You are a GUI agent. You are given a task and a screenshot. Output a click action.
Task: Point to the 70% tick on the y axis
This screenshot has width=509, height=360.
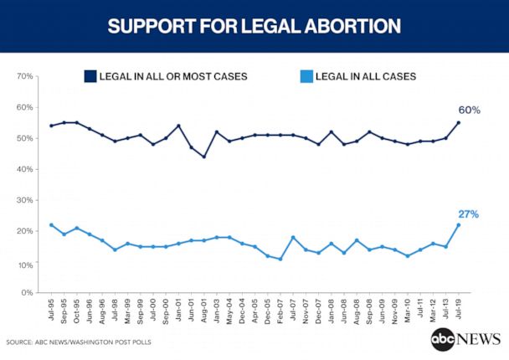24,77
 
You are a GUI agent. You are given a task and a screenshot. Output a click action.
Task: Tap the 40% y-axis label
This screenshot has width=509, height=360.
24,170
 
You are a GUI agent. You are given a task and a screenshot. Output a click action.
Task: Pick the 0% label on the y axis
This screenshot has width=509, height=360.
27,293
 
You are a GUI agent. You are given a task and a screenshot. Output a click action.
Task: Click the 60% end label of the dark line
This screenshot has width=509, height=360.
469,111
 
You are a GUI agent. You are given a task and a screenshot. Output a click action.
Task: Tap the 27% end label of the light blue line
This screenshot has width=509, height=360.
469,214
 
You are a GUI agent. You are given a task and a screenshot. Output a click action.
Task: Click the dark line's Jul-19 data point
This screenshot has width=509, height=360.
459,123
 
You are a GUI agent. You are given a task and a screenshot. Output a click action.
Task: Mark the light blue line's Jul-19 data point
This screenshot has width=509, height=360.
459,224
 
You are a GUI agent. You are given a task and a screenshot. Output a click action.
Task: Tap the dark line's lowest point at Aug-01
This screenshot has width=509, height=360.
204,157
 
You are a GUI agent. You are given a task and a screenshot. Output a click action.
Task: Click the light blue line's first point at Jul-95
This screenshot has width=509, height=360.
51,224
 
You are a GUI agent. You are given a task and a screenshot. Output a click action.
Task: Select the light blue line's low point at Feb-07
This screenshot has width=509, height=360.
280,259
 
